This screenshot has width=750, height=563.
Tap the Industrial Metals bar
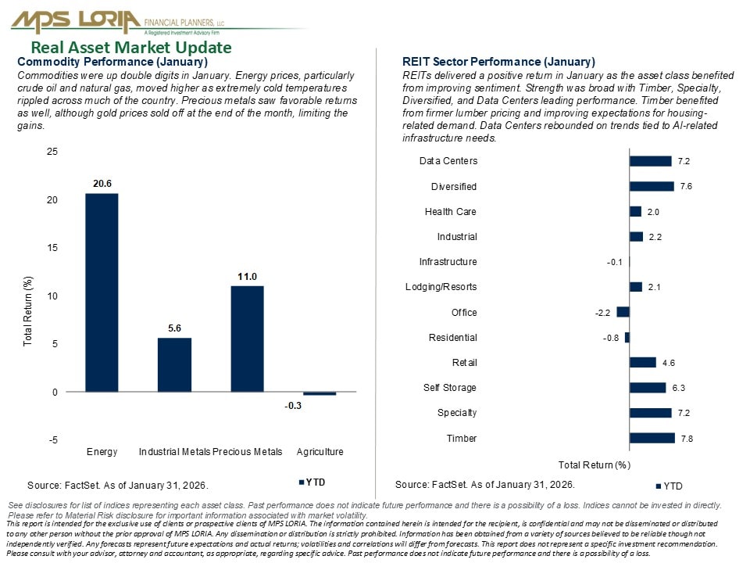point(174,364)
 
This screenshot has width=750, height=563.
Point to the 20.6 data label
point(102,184)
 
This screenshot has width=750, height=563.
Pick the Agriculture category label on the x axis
point(320,452)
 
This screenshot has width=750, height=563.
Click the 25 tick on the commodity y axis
point(52,152)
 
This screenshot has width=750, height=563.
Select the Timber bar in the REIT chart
point(652,438)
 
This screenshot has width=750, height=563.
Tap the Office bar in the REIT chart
point(623,312)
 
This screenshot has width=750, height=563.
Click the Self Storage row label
point(450,388)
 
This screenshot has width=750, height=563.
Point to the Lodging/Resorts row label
point(441,287)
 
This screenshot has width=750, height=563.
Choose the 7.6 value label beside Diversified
point(686,187)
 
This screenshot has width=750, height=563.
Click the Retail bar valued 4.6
point(642,362)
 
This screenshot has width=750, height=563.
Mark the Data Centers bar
point(650,161)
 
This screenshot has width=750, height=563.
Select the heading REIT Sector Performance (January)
point(498,62)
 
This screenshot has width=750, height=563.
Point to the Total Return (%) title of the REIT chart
point(595,465)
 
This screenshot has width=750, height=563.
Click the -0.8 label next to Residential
point(612,338)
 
